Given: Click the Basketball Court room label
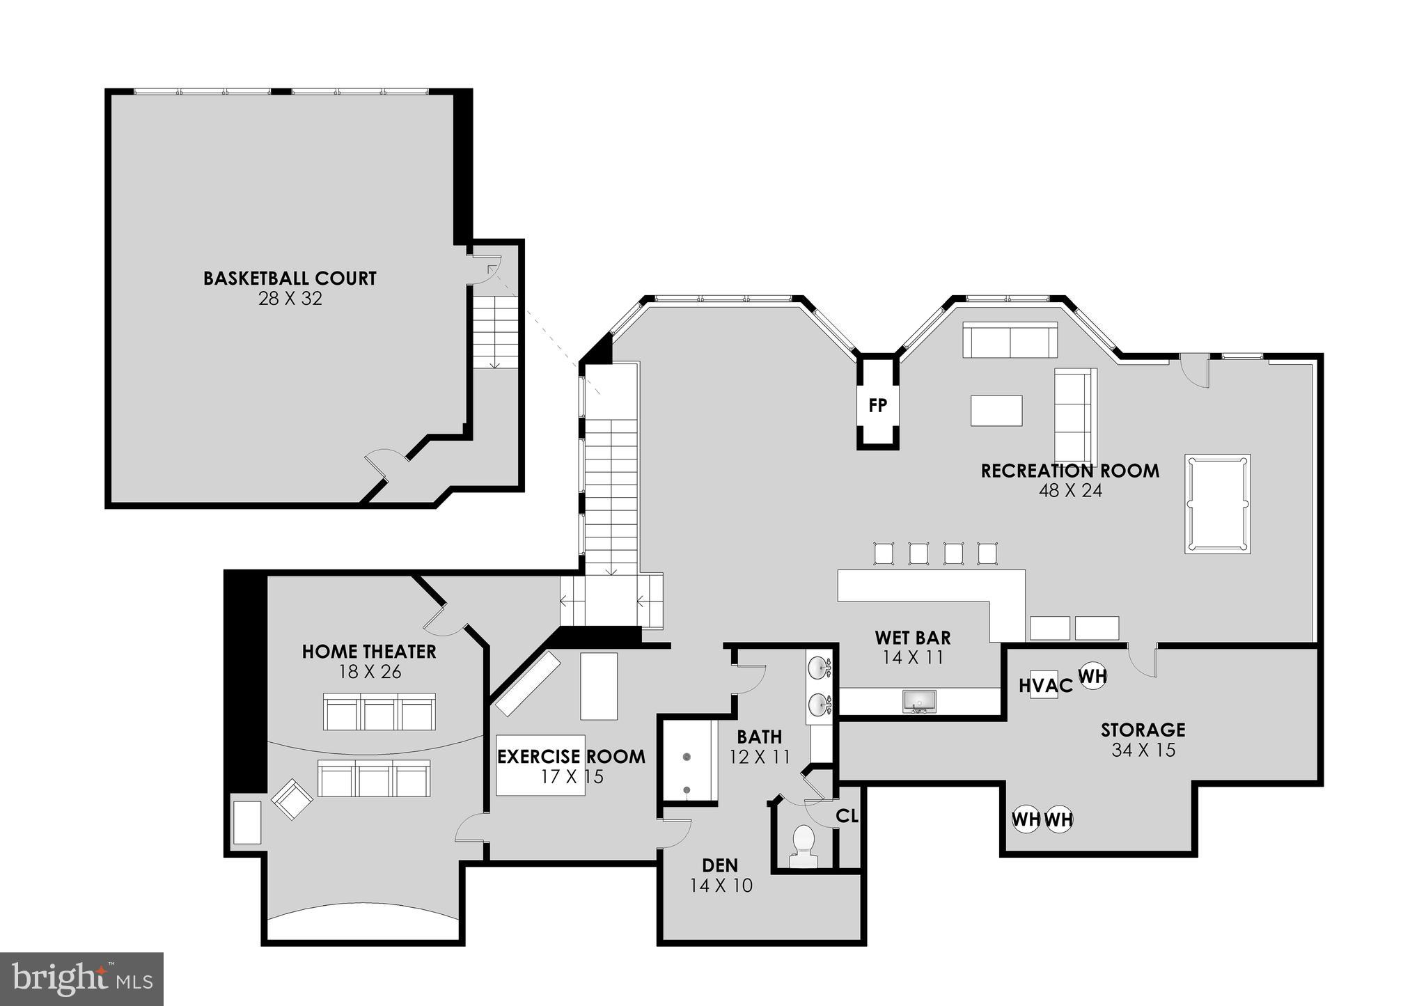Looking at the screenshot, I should (x=290, y=278).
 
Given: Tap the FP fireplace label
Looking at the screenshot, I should (x=877, y=405).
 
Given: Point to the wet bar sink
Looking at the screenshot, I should (x=919, y=701).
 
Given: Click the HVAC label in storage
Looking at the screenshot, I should (x=1046, y=686).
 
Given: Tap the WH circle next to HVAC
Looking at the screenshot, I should (x=1092, y=675).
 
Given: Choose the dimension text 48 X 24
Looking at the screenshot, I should (x=1070, y=491).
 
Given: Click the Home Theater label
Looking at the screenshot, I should (x=369, y=652).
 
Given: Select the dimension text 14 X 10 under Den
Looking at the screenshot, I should (x=721, y=886).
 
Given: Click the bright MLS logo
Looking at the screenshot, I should (x=82, y=979).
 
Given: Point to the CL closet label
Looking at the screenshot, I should (x=847, y=816).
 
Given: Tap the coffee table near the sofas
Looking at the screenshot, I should (x=996, y=410).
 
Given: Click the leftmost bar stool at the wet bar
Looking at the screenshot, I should (x=884, y=553).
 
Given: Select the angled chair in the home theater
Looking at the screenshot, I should (x=292, y=799).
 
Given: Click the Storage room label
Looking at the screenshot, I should (x=1143, y=730).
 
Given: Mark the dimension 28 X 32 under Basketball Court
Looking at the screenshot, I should (x=290, y=299).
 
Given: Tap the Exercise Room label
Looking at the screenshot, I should (x=571, y=757).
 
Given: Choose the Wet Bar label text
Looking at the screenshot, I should (x=912, y=638).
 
